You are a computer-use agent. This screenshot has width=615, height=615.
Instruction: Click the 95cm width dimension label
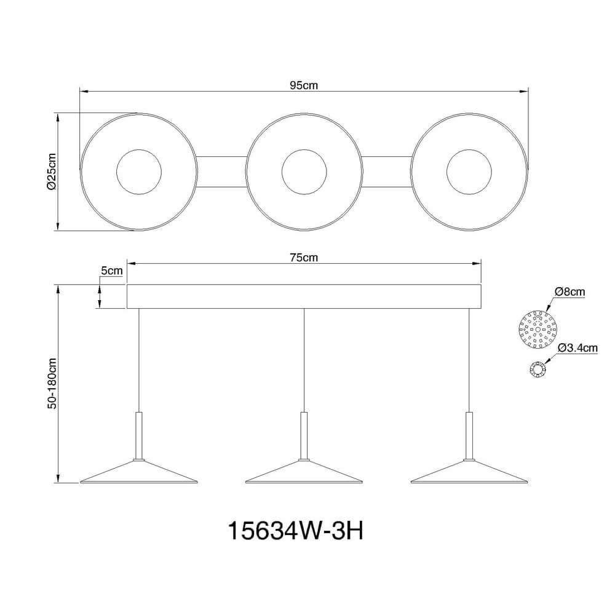[x=304, y=85]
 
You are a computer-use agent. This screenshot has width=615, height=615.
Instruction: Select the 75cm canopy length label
[x=304, y=258]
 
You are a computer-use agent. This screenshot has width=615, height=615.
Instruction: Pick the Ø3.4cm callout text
[x=577, y=347]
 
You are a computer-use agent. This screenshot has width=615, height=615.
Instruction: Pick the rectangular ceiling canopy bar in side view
[x=304, y=296]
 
